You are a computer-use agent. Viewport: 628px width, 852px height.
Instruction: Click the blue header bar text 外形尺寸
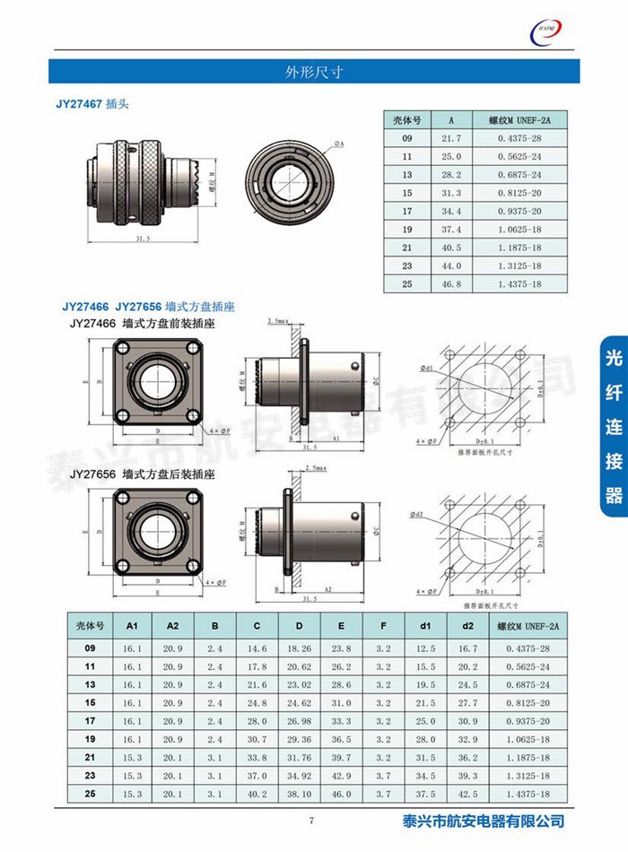[313, 71]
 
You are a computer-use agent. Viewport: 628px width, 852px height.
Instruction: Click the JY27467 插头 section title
[93, 105]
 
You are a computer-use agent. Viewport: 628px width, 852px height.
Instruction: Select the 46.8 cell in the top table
[450, 283]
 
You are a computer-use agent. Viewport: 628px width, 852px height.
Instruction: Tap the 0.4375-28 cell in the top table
[520, 138]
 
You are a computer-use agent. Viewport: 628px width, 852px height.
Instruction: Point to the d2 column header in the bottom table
[467, 626]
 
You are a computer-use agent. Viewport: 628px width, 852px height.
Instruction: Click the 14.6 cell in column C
[257, 648]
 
